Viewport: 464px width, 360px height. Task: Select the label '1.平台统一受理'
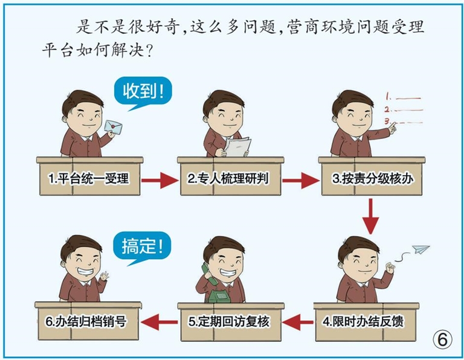click(88, 179)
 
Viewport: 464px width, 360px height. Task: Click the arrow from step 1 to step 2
click(159, 179)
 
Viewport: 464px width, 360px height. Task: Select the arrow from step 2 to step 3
click(300, 179)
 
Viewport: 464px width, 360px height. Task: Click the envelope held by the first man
click(113, 126)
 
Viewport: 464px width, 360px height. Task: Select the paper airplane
click(419, 249)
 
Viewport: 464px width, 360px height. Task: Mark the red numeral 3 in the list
click(386, 121)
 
